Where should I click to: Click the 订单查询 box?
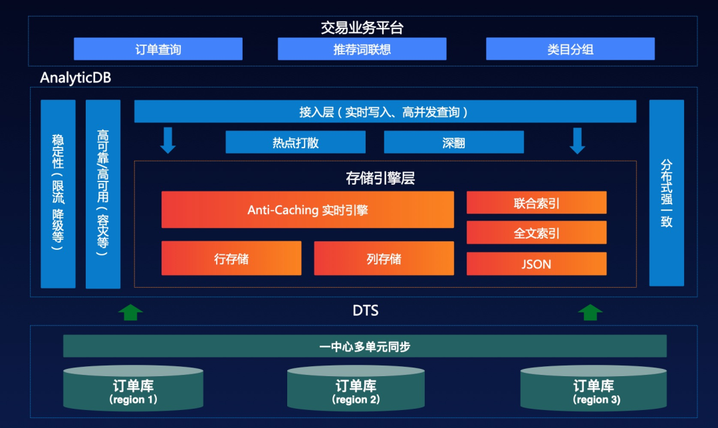click(158, 49)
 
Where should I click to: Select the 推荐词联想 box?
click(362, 49)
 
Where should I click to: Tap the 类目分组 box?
click(570, 49)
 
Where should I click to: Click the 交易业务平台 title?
click(362, 27)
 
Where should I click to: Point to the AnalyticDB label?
click(76, 77)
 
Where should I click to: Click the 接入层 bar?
click(385, 111)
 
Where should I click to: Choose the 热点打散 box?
click(295, 142)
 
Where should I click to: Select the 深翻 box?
click(454, 142)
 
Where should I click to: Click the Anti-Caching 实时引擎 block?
click(308, 209)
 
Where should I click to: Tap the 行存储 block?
click(231, 258)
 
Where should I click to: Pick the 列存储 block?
click(384, 258)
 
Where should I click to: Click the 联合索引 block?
click(537, 203)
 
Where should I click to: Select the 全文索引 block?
click(537, 233)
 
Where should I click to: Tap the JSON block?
click(537, 264)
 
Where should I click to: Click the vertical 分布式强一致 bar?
click(667, 193)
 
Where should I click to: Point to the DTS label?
click(366, 311)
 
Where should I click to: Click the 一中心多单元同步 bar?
click(365, 346)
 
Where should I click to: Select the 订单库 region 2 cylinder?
click(356, 387)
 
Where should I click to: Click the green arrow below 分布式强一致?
click(590, 312)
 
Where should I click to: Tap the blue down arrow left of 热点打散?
click(168, 140)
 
